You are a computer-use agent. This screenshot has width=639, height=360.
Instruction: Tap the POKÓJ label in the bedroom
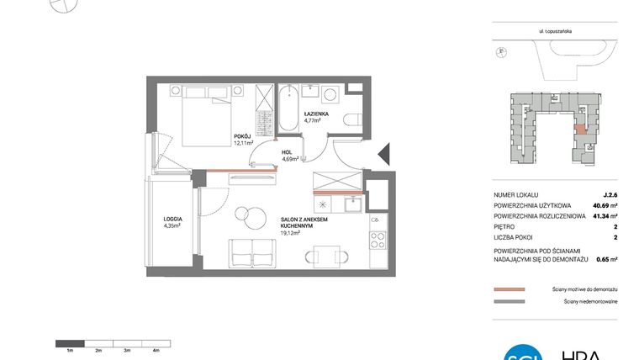243,139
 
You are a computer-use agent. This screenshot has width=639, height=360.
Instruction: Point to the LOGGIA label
173,221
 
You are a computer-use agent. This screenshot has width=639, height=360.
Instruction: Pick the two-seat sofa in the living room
251,252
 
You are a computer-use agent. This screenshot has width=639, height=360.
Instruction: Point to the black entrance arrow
383,155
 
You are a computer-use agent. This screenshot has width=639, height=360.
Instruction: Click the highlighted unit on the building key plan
580,130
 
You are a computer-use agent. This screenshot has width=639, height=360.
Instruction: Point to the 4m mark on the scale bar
156,349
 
